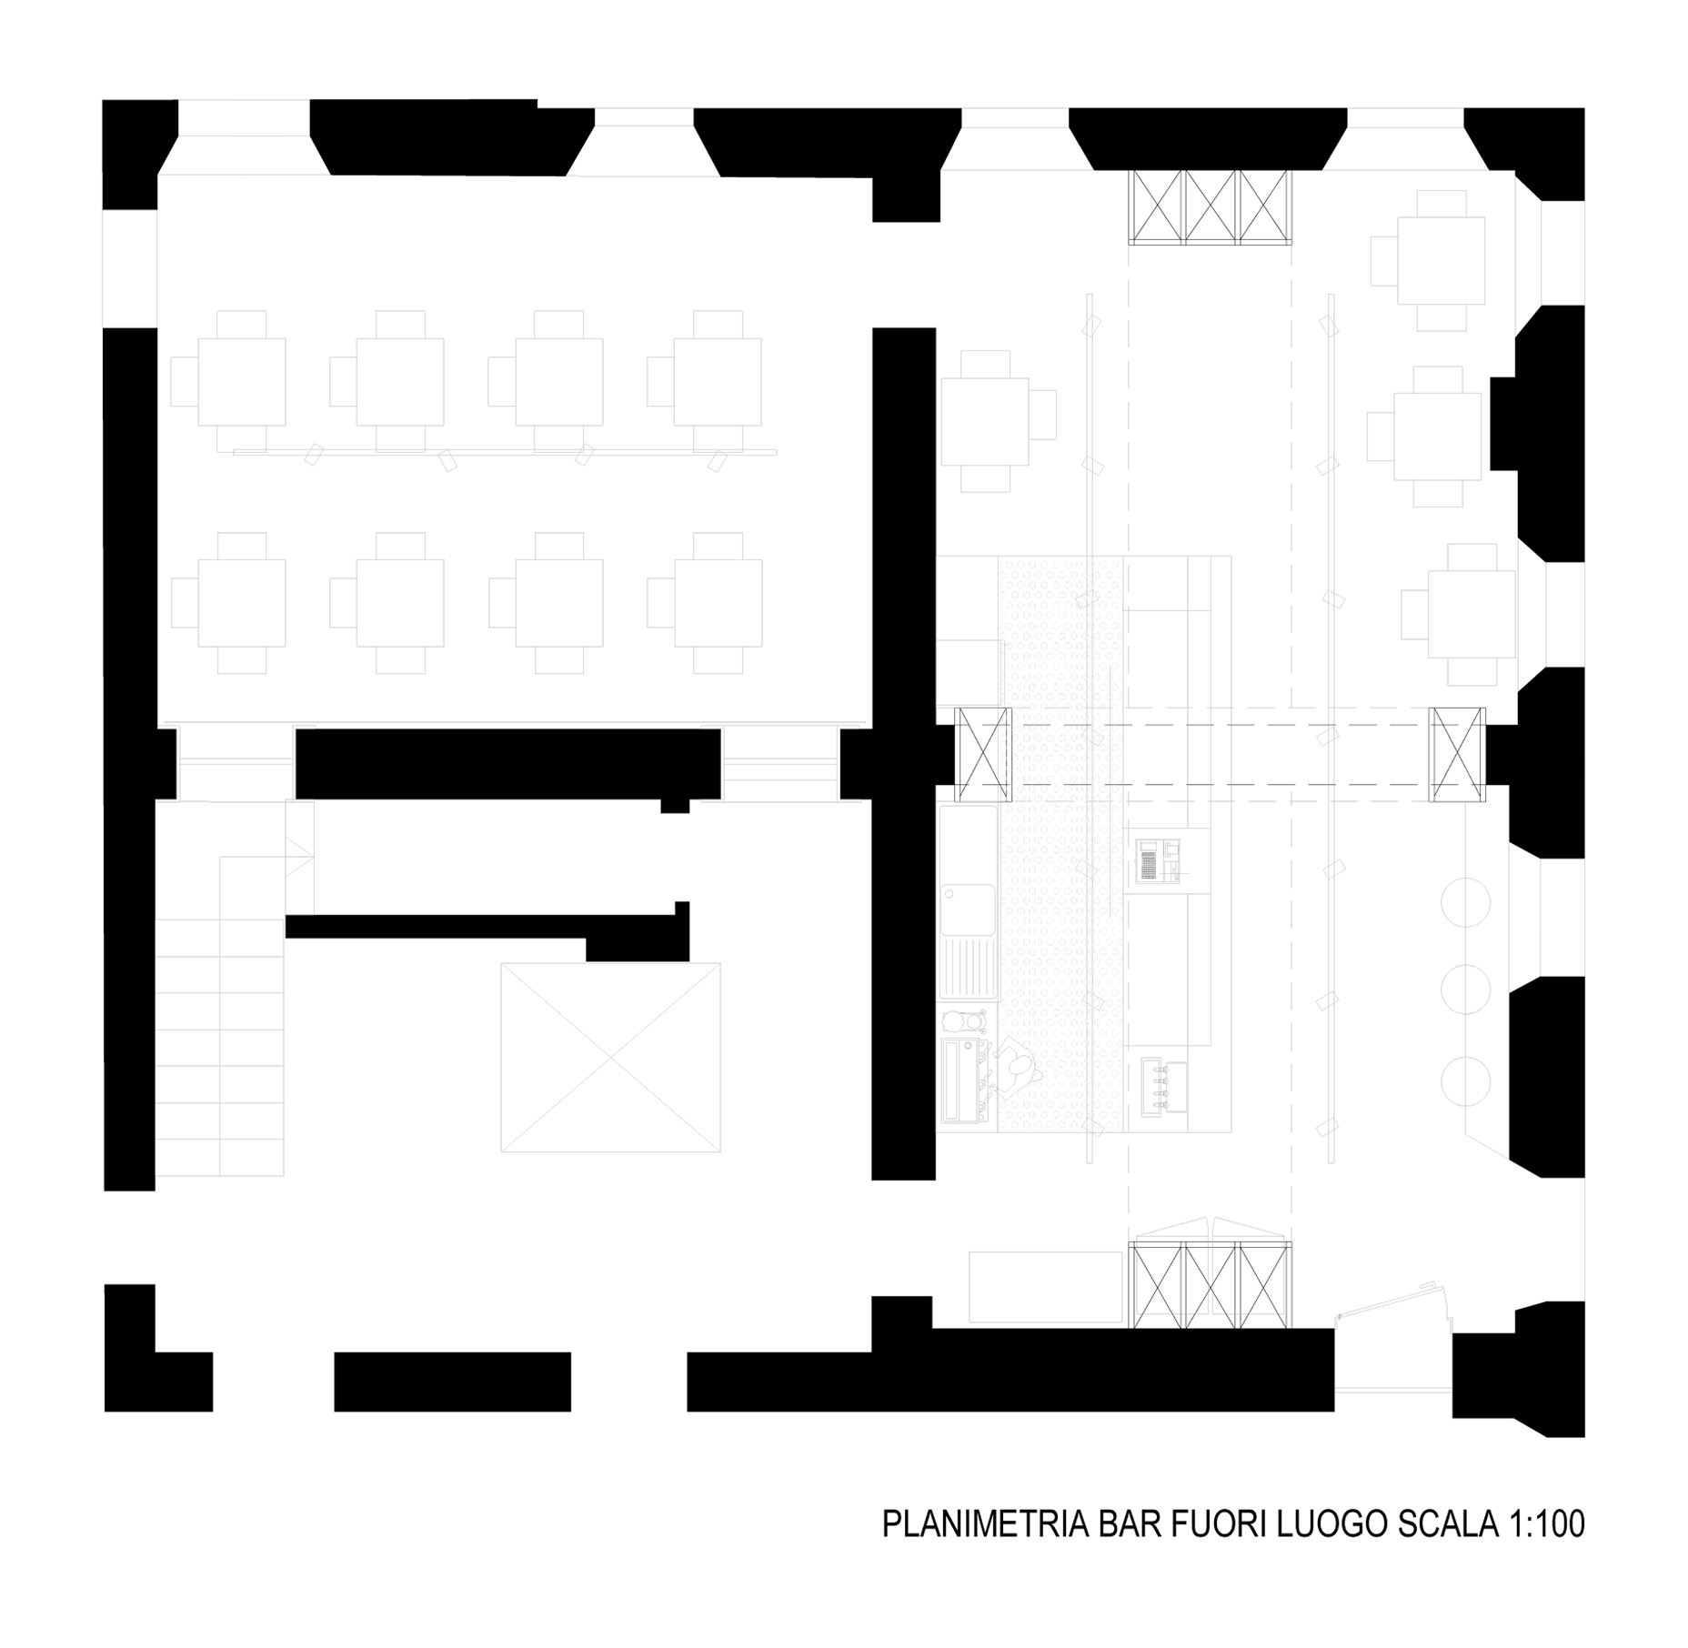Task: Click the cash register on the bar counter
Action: [x=1148, y=861]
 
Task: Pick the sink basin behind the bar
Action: [x=968, y=909]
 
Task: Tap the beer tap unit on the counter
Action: [x=1164, y=1086]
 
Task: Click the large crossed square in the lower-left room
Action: [x=610, y=1058]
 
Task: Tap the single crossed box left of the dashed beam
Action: [x=984, y=755]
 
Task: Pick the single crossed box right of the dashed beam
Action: [x=1458, y=755]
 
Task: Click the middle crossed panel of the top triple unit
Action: [x=1211, y=207]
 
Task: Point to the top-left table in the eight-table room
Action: [x=229, y=381]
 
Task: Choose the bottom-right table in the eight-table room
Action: [x=706, y=603]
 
